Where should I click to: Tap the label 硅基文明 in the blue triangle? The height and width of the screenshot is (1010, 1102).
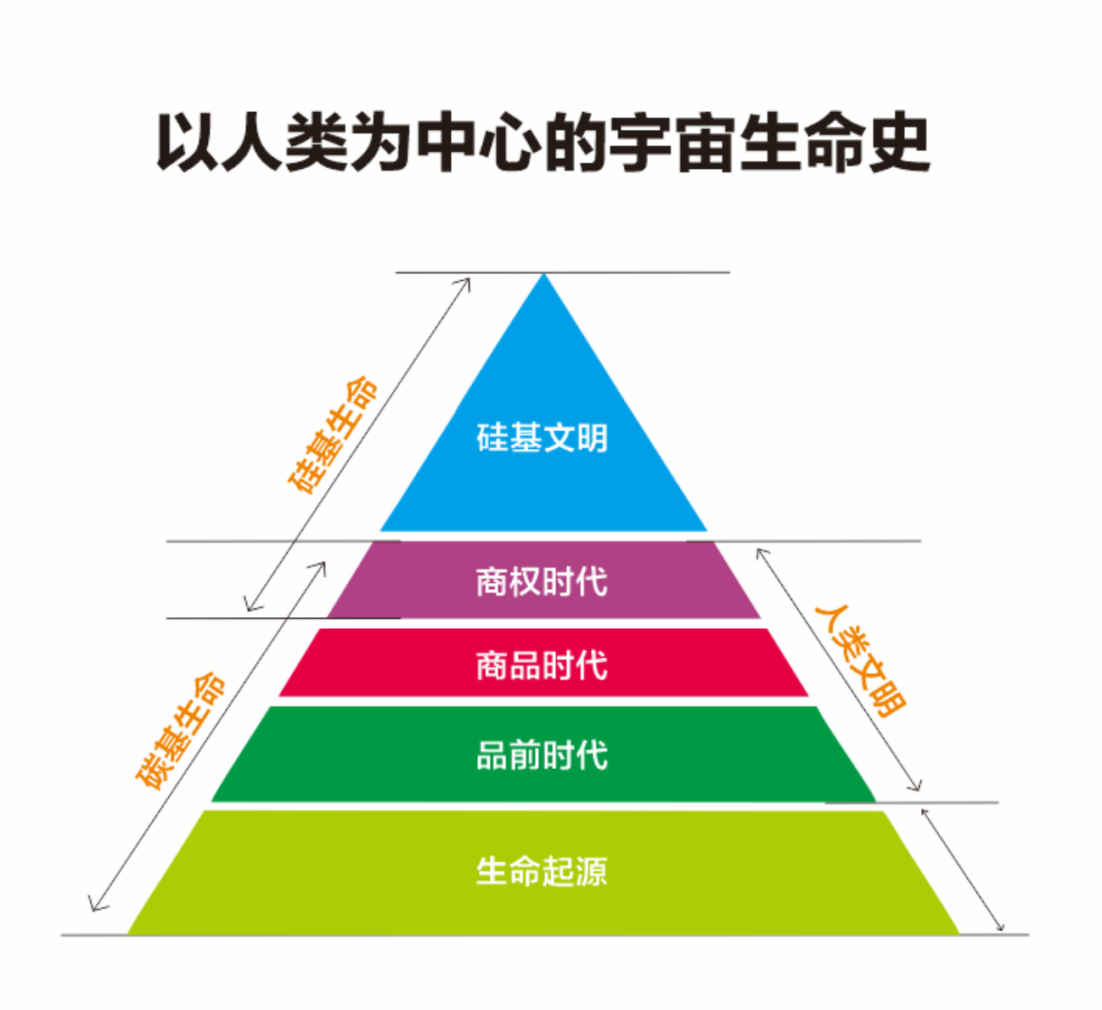(x=542, y=438)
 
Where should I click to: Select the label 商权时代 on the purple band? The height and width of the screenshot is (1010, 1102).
(x=542, y=581)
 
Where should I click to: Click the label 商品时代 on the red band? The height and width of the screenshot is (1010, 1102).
(x=542, y=665)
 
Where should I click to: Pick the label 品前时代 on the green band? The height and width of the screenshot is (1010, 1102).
(x=542, y=755)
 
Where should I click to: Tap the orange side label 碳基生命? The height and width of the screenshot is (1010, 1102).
(x=181, y=731)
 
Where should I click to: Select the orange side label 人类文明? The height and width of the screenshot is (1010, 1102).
(x=860, y=661)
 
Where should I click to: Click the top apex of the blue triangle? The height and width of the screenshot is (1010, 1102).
(x=543, y=273)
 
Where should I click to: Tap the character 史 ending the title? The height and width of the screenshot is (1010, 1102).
(x=899, y=142)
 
